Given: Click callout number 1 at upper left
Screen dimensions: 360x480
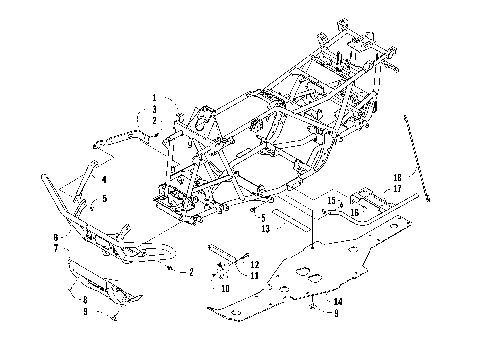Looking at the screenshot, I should (x=155, y=97).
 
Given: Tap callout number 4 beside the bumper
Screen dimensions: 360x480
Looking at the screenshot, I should (x=103, y=179).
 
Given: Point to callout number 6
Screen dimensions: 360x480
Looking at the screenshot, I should (x=83, y=237).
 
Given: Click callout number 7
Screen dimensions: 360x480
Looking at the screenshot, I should (x=83, y=247).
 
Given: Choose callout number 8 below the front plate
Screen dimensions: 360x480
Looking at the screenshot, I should (x=84, y=299).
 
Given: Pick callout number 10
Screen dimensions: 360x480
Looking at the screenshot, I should (x=225, y=286).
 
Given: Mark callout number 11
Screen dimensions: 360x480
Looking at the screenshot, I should (x=256, y=274).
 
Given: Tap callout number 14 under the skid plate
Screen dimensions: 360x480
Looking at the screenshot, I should (x=338, y=300).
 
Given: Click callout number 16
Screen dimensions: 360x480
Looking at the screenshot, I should (x=353, y=211).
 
